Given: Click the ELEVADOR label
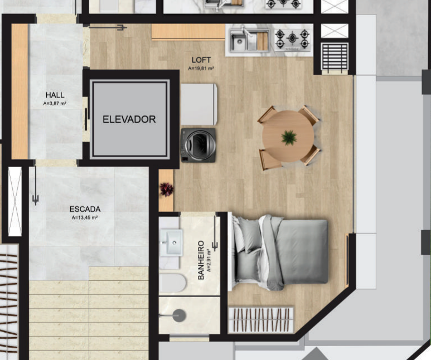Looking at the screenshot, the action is (129, 119).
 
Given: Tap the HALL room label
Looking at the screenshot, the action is (55, 95).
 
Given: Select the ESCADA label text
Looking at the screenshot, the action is (85, 209).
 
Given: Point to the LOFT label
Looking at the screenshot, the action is (201, 60).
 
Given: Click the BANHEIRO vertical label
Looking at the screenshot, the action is (201, 260).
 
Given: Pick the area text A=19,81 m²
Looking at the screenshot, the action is (201, 69).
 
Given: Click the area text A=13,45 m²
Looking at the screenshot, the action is (85, 218).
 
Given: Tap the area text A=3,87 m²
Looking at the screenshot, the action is (55, 104).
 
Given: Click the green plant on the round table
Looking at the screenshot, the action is (289, 138).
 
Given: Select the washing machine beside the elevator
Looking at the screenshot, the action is (198, 145).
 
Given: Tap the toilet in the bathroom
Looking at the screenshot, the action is (172, 283).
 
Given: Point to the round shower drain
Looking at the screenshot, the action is (179, 315).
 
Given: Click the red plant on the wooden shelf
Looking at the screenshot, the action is (167, 189).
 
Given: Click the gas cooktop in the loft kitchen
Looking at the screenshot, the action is (292, 40).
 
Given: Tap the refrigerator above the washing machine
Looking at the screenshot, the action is (199, 104).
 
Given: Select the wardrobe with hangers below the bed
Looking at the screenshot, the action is (261, 320).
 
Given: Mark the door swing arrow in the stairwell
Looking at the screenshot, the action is (36, 185).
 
